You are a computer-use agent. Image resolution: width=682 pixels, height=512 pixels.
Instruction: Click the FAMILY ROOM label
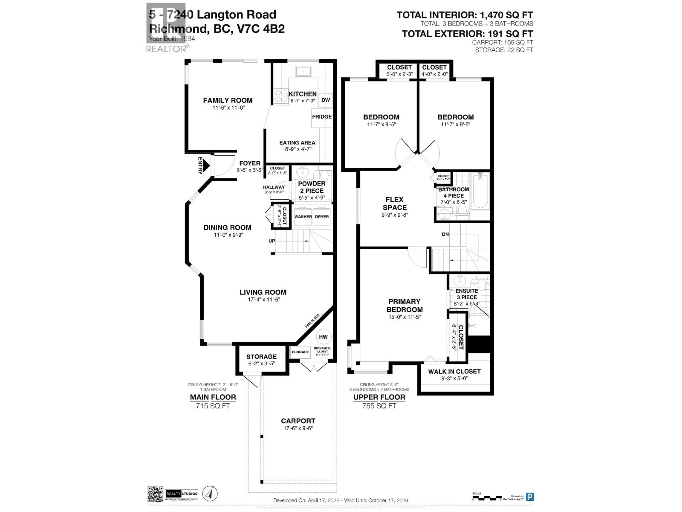pos(228,100)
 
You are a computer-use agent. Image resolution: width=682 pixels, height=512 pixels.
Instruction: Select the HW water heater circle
pos(323,337)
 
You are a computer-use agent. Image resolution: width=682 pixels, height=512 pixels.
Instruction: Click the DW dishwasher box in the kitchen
pos(326,100)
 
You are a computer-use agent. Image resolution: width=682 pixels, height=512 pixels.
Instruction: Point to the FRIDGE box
pos(322,117)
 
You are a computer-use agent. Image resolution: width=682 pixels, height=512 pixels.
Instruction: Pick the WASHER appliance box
pos(303,216)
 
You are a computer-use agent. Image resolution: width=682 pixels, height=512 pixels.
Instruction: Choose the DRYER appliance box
pos(322,216)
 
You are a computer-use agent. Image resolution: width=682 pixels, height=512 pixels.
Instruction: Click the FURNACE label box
pos(300,352)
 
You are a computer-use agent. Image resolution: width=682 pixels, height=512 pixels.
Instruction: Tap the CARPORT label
pos(298,421)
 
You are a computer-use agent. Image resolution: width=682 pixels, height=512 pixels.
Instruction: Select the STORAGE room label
pos(261,357)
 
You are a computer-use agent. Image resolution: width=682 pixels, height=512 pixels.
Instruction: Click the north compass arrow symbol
pos(208,493)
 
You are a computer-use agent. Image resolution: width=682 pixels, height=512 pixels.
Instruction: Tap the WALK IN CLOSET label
pos(454,371)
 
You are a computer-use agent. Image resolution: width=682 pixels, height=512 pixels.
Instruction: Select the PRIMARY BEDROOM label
pos(405,305)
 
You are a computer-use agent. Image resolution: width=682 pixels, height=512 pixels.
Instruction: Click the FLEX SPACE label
pos(394,204)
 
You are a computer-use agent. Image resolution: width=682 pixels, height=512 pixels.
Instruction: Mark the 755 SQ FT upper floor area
pos(379,406)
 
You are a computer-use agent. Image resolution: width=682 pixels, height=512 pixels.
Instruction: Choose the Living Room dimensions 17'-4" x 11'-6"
pos(263,300)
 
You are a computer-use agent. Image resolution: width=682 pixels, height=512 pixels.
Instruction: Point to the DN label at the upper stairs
pos(445,234)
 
